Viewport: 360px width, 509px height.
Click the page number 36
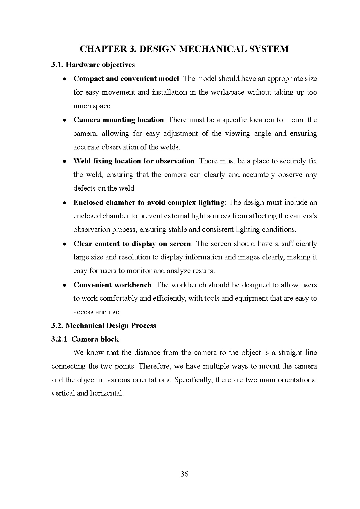click(184, 474)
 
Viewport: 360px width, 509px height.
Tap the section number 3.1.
click(57, 65)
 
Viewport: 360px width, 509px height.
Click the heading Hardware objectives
click(100, 65)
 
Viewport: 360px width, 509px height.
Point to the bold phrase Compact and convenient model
click(126, 79)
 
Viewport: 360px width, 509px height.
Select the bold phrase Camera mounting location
click(118, 120)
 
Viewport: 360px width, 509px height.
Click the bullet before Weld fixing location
click(65, 161)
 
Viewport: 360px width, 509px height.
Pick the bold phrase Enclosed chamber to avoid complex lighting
click(149, 203)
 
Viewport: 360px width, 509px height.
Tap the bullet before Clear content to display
click(65, 244)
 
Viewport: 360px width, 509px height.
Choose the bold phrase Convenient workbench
click(112, 285)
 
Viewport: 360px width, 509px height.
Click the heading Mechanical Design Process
click(111, 326)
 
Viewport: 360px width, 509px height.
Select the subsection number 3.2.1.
click(60, 339)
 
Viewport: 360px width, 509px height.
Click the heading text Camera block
click(95, 339)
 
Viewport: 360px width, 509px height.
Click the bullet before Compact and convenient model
click(65, 79)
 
